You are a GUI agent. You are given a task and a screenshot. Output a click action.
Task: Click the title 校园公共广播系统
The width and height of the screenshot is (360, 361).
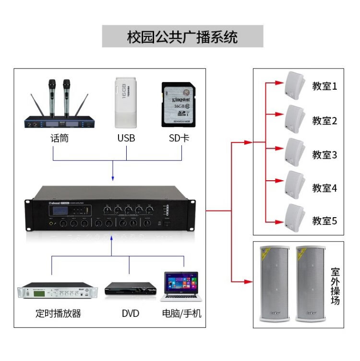[182, 37]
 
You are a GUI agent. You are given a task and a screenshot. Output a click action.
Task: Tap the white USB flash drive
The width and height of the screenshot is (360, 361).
[126, 103]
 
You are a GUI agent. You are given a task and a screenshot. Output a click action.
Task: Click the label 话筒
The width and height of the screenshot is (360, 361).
[60, 139]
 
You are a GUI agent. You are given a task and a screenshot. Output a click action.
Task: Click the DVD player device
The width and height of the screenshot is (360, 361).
[131, 289]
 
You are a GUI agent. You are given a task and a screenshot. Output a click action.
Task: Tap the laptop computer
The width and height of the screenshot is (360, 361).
[182, 287]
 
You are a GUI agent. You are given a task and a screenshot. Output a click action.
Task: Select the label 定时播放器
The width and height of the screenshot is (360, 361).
[59, 314]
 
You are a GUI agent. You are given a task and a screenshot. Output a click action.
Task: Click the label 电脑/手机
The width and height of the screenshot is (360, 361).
[182, 314]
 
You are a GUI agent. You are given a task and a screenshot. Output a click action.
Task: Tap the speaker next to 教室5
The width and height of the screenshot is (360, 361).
[294, 219]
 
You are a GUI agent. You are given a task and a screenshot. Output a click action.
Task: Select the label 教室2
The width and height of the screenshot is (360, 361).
[325, 121]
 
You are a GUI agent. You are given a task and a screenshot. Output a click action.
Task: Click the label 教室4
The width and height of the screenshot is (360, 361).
[325, 188]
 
